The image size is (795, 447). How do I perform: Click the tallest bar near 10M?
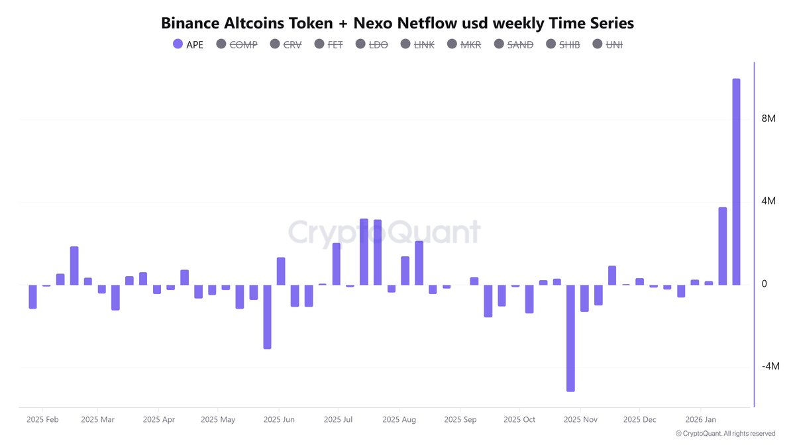(x=736, y=181)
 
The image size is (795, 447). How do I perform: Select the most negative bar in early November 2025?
(x=570, y=338)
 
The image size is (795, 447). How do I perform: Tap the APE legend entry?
(x=188, y=44)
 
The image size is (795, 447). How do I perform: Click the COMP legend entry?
(x=237, y=44)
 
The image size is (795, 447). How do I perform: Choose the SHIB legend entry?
(x=562, y=44)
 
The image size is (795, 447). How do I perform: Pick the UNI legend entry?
(x=608, y=44)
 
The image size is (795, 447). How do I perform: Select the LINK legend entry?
(x=417, y=44)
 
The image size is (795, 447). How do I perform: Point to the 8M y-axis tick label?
(x=768, y=119)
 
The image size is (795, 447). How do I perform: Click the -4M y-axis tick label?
(x=770, y=366)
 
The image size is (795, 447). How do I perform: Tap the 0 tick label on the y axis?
(x=764, y=283)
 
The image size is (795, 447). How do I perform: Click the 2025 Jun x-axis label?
(x=279, y=420)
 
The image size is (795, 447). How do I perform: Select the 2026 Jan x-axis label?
(x=701, y=420)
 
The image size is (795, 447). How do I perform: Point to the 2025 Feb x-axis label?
(x=43, y=420)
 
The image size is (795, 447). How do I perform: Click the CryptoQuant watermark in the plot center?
(x=384, y=232)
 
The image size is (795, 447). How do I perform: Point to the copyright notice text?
(x=725, y=434)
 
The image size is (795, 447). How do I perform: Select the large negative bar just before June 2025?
(x=267, y=317)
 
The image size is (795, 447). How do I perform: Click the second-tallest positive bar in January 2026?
(x=722, y=246)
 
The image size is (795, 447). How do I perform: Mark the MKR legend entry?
(x=464, y=44)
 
